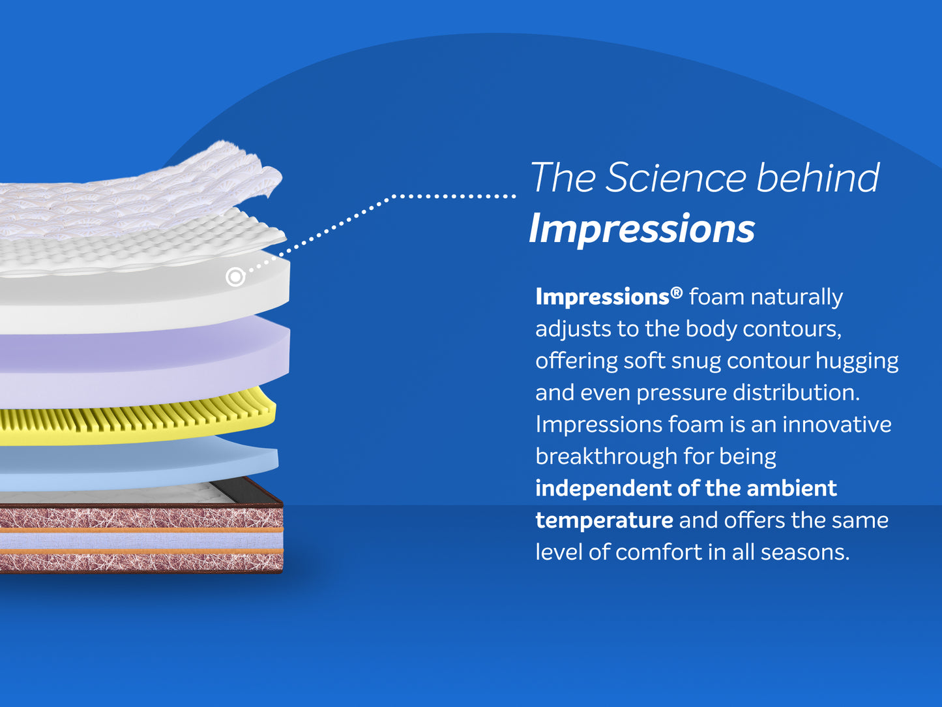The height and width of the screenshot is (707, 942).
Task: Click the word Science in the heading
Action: coord(676,177)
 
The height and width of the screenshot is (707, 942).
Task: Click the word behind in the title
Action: coord(818,177)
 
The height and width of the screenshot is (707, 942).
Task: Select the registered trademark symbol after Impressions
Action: coord(676,293)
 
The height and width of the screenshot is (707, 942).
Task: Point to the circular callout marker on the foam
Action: coord(235,277)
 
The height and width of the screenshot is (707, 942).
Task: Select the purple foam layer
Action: coord(141,363)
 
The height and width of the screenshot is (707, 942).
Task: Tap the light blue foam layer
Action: coord(138,464)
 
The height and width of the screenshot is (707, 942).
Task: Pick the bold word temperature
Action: coord(604,520)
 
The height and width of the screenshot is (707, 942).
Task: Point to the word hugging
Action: coord(857,361)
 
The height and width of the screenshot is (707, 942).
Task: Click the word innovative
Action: coord(837,425)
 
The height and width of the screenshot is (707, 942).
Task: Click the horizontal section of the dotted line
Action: coord(454,196)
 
